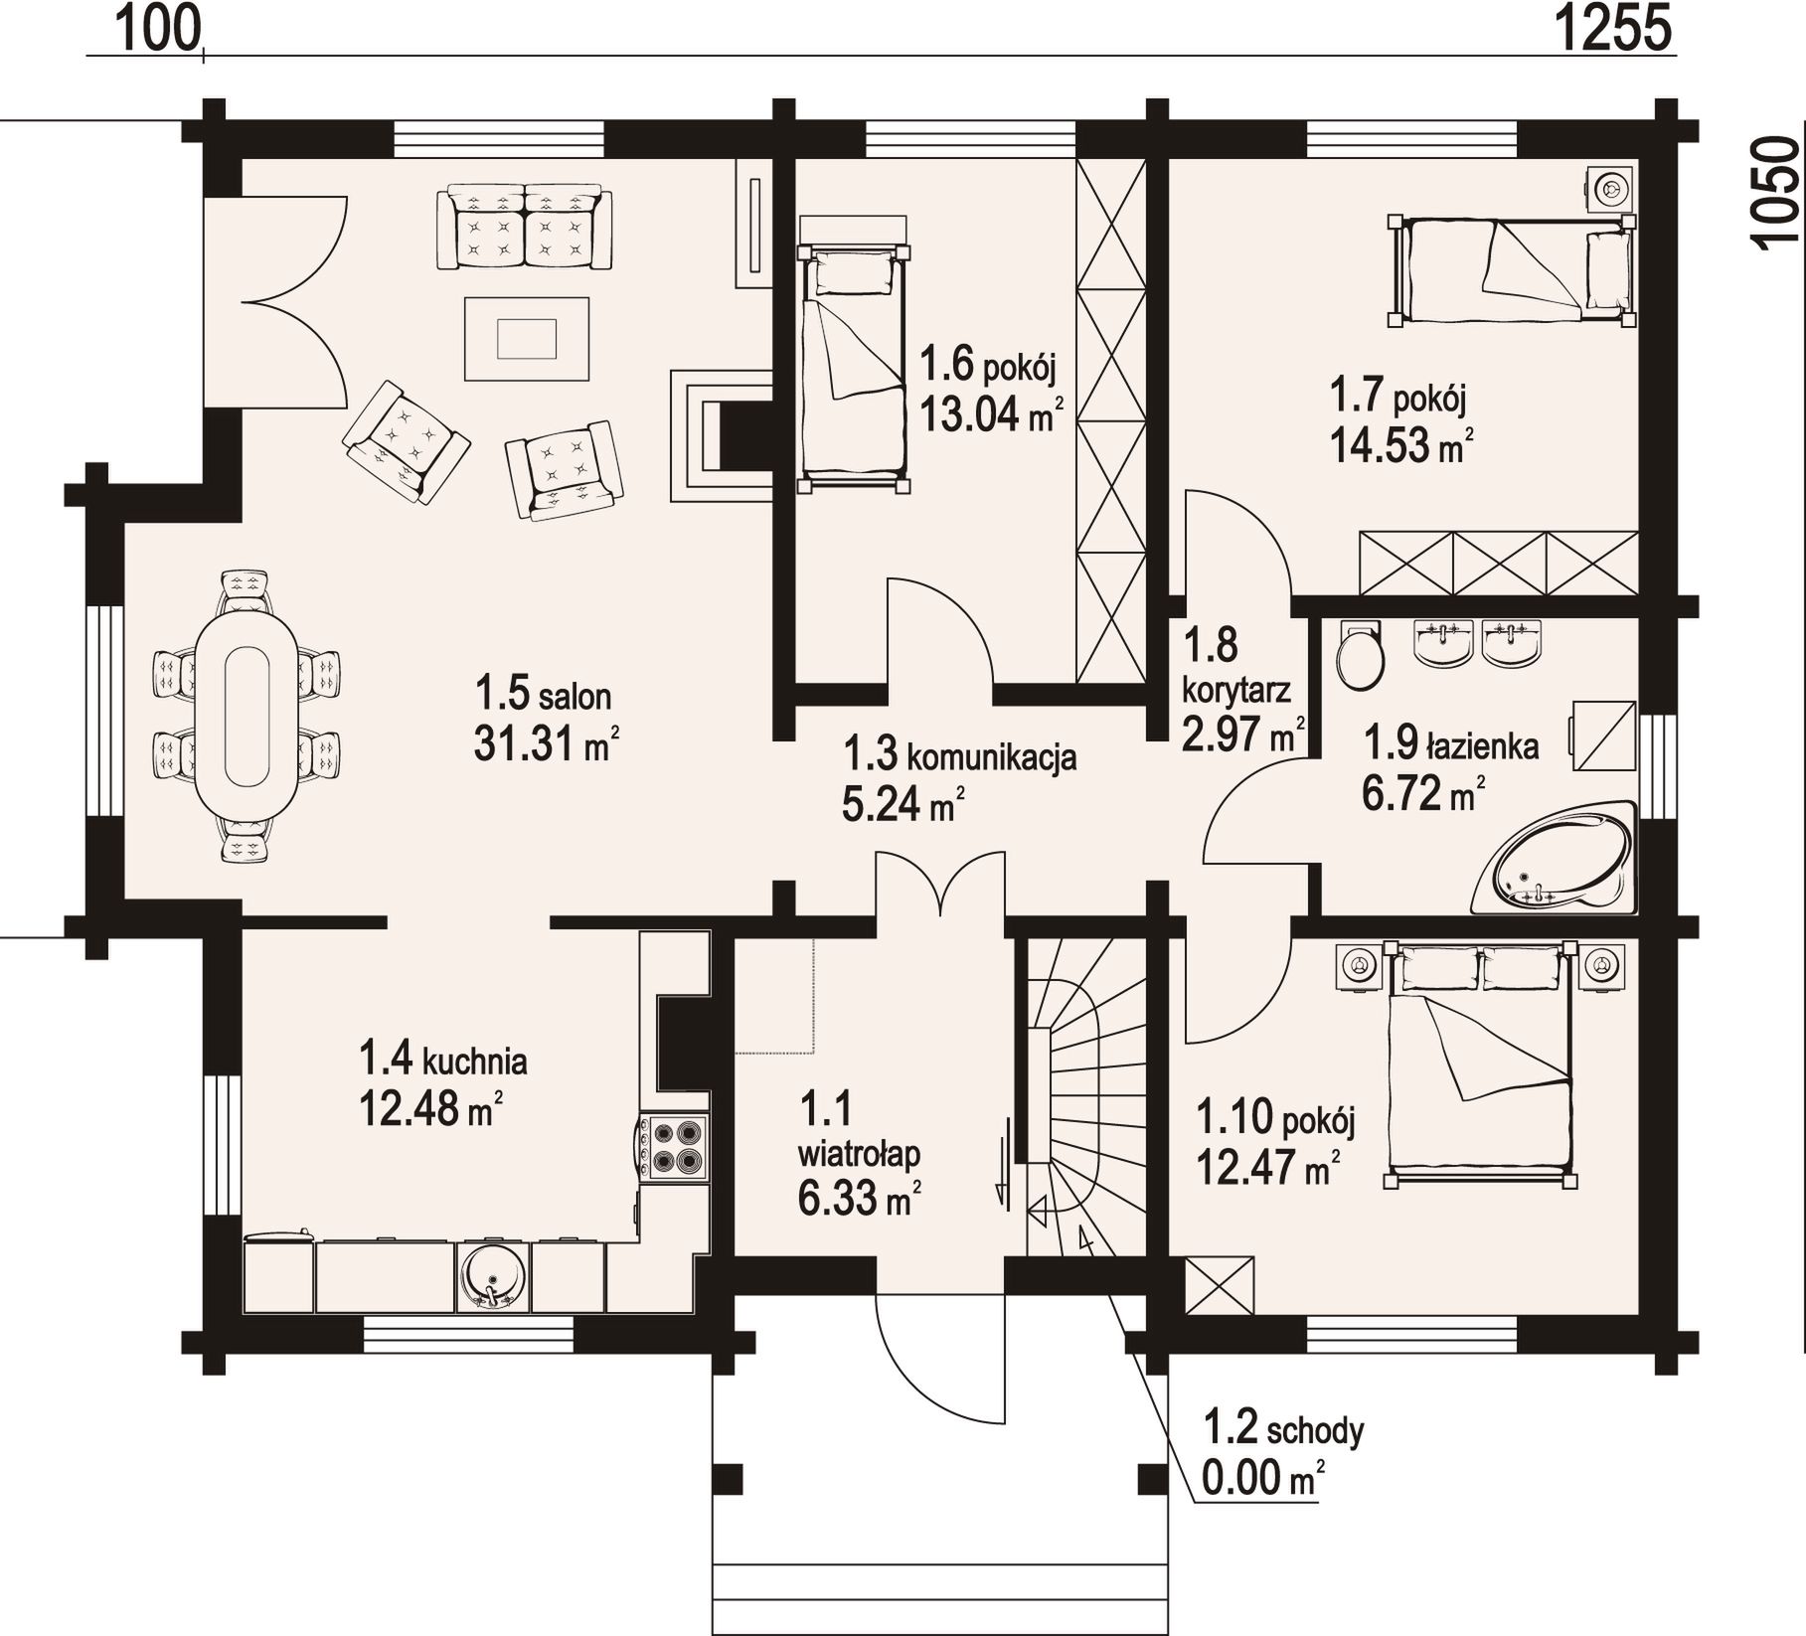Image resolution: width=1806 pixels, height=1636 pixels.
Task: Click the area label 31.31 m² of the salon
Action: [547, 742]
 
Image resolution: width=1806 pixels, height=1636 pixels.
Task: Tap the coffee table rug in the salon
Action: [527, 339]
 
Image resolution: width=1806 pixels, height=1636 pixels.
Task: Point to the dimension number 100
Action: [159, 28]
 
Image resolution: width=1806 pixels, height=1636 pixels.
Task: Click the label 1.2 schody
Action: [1283, 1429]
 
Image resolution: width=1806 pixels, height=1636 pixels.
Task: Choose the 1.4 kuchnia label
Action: [442, 1060]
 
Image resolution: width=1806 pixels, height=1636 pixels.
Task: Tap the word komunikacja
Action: [991, 757]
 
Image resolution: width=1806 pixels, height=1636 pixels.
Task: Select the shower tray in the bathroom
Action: [1602, 736]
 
